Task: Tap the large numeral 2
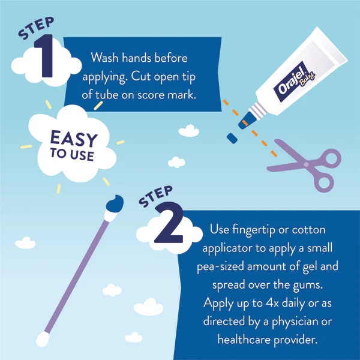(169, 222)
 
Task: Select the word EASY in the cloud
(74, 139)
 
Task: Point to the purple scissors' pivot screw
(306, 164)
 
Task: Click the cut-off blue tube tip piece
(232, 138)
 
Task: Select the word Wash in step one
(104, 58)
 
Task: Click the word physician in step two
(296, 322)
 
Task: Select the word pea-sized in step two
(220, 267)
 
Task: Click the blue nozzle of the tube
(247, 121)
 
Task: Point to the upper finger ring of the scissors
(331, 159)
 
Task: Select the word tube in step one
(107, 95)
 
